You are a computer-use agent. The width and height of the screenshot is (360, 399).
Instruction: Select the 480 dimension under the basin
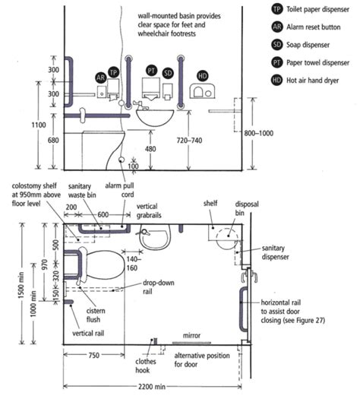tap(150, 149)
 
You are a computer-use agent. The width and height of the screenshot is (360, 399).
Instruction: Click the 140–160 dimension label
tap(152, 263)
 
